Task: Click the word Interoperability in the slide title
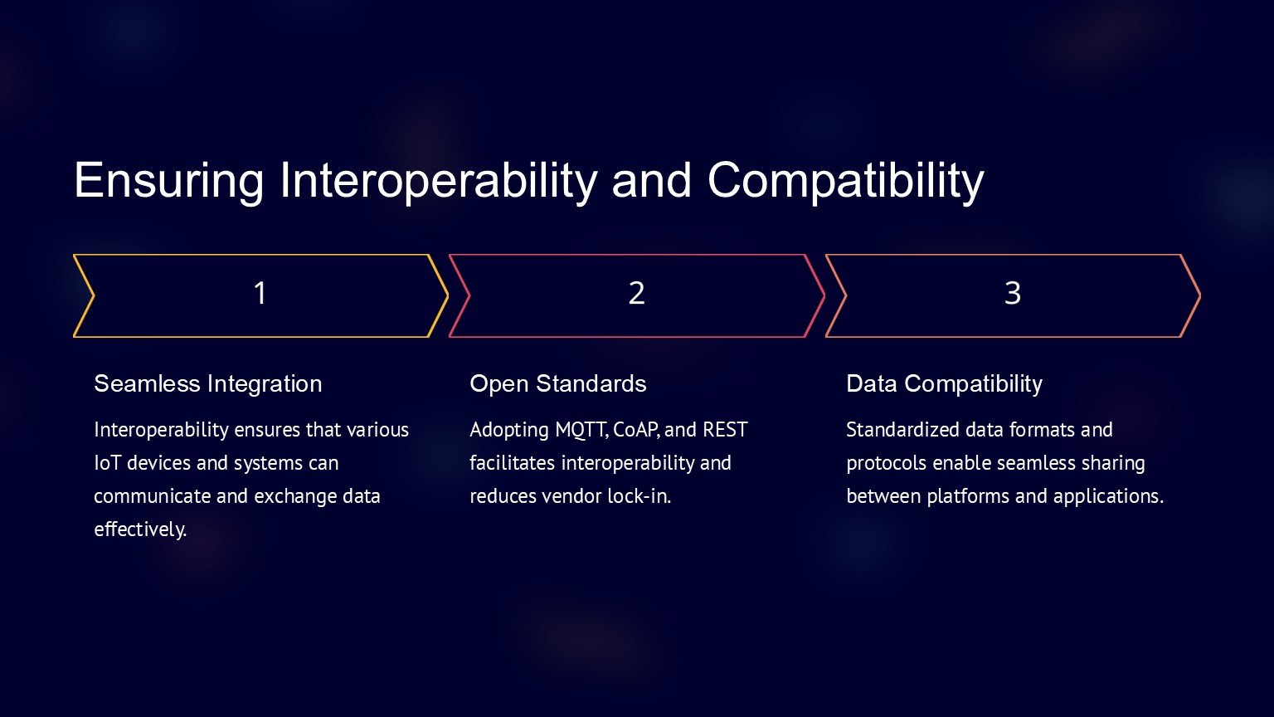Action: click(x=438, y=181)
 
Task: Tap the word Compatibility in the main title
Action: click(x=846, y=181)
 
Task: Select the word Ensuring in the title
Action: click(x=169, y=181)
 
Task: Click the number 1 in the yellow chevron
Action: click(x=260, y=294)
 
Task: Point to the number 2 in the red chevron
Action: click(x=636, y=294)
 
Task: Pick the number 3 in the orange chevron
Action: click(x=1013, y=294)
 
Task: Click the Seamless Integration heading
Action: click(x=208, y=384)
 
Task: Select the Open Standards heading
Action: click(x=558, y=384)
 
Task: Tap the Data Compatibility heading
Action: click(x=944, y=384)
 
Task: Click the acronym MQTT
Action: click(x=582, y=430)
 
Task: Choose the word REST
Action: click(x=725, y=430)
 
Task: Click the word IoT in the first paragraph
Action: click(x=108, y=463)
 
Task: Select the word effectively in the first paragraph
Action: click(x=140, y=529)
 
